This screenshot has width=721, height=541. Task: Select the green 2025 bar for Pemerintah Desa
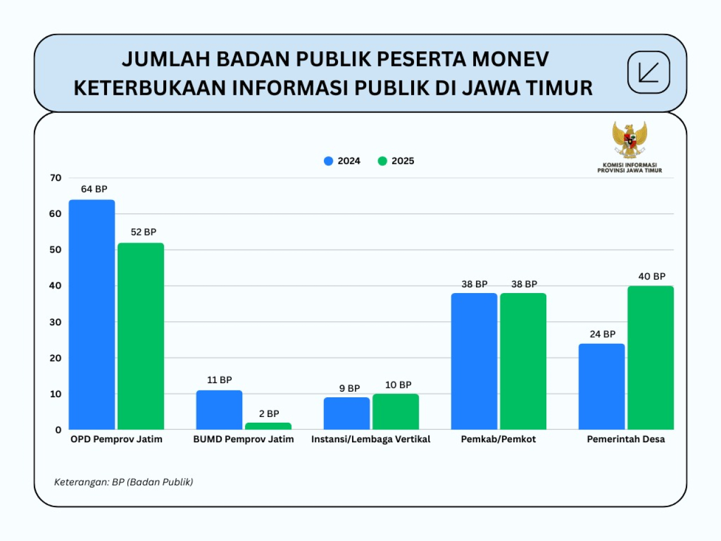pos(651,358)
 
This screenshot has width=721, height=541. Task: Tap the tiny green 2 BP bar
pos(268,426)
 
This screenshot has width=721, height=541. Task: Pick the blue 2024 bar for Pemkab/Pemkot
pos(474,361)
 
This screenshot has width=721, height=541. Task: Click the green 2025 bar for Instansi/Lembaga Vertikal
pos(395,412)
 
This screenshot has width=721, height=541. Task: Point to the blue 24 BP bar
pos(602,387)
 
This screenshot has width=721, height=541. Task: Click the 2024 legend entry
pos(342,161)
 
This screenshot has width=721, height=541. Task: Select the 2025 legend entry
pos(396,161)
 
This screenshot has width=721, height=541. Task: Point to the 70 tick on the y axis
pos(55,178)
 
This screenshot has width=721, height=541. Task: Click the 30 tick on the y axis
pos(55,322)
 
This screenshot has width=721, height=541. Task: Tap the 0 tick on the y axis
pos(58,430)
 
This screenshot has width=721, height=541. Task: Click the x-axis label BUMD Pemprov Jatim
pos(243,440)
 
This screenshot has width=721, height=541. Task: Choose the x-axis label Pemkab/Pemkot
pos(498,440)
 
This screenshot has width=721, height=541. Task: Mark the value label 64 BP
pos(94,189)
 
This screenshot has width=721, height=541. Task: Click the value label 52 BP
pos(143,232)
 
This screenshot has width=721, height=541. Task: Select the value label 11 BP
pos(219,380)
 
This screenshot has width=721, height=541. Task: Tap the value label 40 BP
pos(651,277)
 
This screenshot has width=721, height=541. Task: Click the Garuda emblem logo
pos(630,140)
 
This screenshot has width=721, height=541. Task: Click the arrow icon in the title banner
pos(648,73)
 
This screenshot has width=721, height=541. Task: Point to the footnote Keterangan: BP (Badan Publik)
pos(123,482)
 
